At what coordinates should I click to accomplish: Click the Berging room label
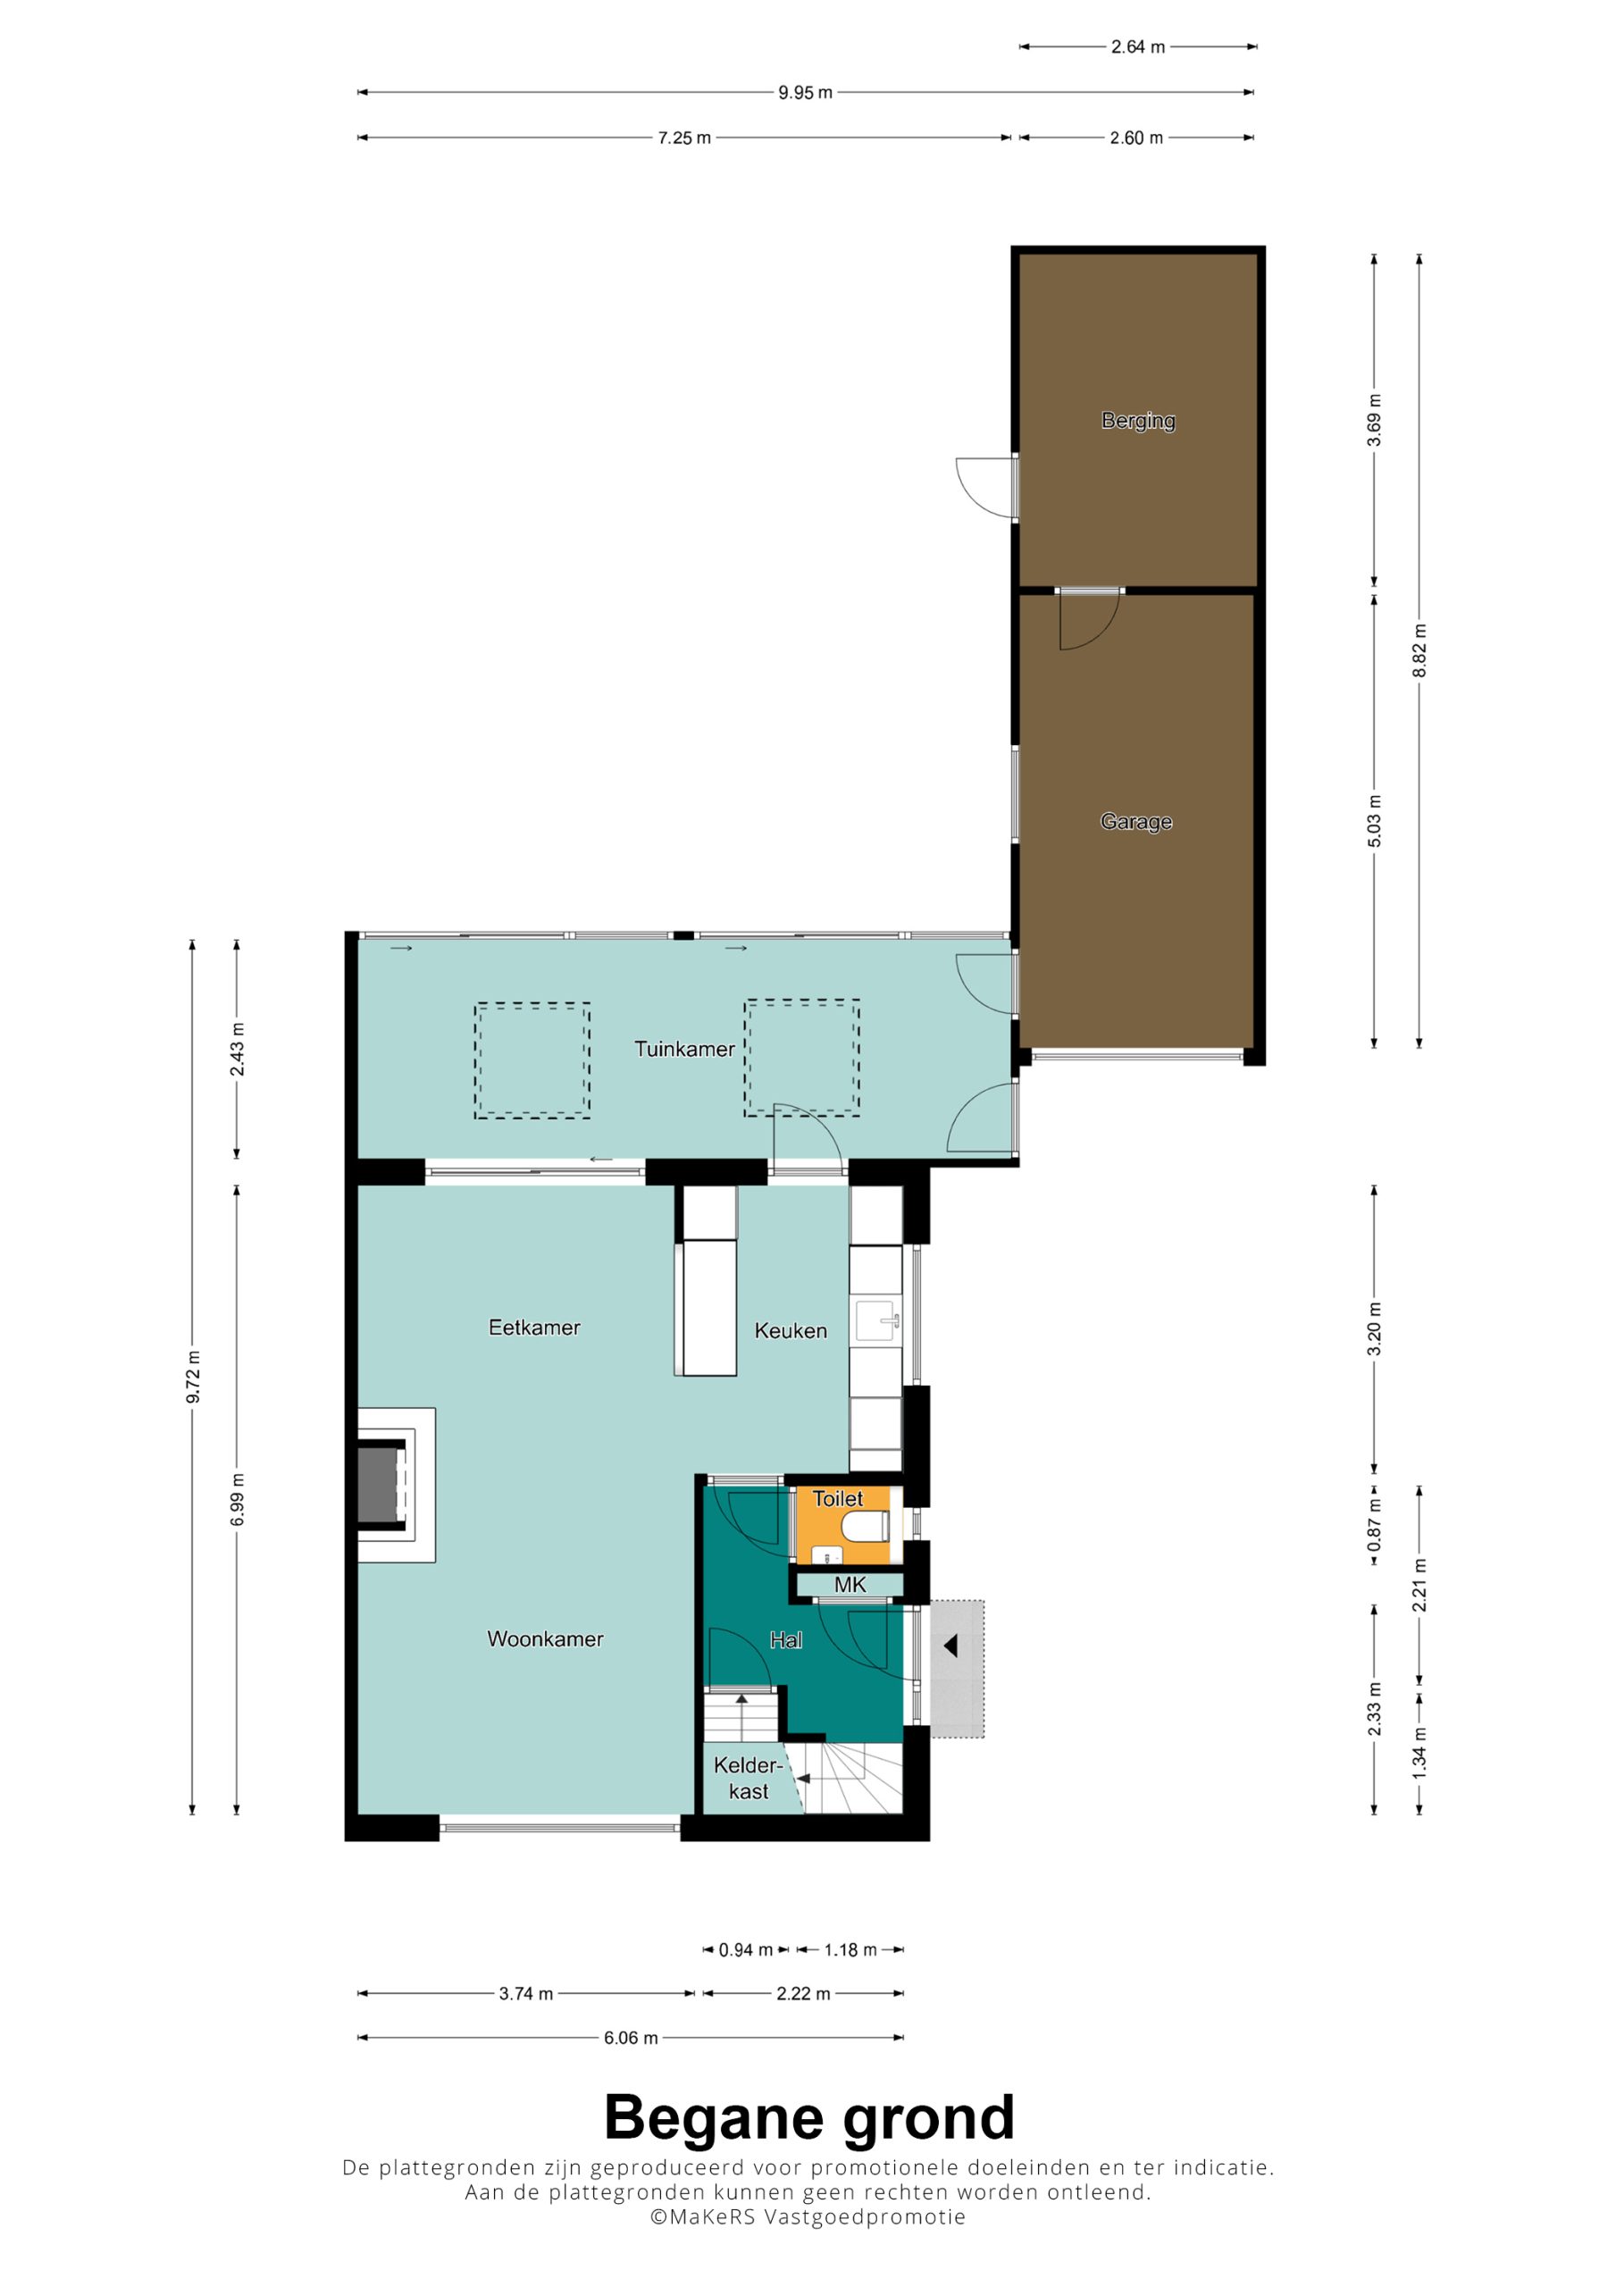[x=1138, y=422]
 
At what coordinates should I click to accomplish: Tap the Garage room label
[x=1135, y=822]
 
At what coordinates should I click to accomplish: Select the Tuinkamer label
[x=684, y=1049]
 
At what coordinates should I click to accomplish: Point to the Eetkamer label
[x=534, y=1328]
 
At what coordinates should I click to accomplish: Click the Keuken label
[x=790, y=1331]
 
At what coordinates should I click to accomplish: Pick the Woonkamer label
[x=545, y=1638]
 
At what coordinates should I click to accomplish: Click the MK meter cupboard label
[x=850, y=1585]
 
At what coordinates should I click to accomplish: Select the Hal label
[x=785, y=1639]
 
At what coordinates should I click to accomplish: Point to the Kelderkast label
[x=749, y=1778]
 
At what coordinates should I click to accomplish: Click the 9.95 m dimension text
[x=805, y=93]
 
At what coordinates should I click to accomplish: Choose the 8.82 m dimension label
[x=1419, y=651]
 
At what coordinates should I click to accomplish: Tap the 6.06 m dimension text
[x=631, y=2038]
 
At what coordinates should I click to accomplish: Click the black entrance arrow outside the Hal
[x=950, y=1646]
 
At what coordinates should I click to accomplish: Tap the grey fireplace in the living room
[x=378, y=1484]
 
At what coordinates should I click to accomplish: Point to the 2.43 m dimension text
[x=237, y=1050]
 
